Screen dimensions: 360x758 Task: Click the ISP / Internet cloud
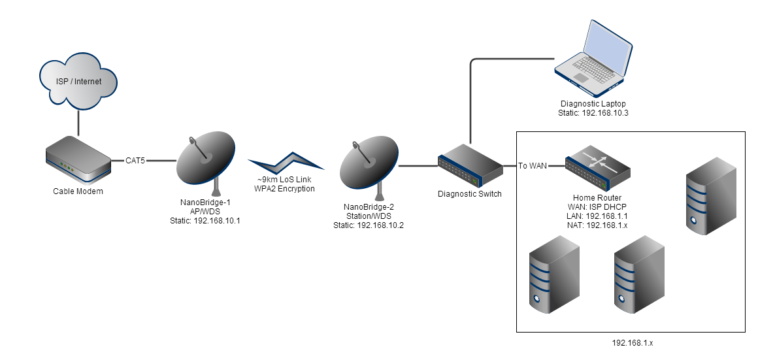[79, 81]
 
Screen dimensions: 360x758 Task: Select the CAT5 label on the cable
[135, 159]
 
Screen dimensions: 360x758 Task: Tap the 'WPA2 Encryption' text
[284, 189]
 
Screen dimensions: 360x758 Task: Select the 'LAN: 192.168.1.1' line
[597, 216]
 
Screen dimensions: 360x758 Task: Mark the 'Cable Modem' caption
[78, 191]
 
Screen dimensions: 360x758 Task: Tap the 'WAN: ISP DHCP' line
[597, 207]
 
